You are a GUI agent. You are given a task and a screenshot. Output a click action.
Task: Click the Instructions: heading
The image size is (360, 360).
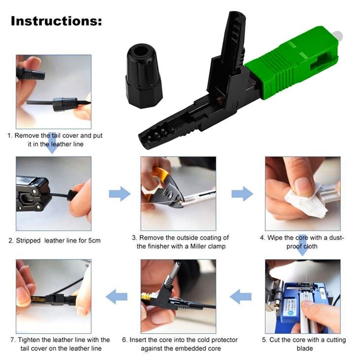[56, 21]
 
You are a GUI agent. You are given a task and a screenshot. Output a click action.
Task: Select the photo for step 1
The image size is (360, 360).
[53, 91]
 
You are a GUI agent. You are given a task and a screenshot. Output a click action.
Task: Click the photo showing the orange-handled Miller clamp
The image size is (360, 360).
[178, 194]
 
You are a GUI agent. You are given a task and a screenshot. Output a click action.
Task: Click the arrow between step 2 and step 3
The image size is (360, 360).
[119, 194]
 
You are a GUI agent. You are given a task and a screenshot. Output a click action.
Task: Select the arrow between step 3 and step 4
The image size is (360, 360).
[242, 194]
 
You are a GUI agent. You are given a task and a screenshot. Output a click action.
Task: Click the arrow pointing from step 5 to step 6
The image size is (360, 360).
[241, 296]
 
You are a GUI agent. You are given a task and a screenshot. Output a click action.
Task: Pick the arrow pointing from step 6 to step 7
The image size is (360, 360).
[117, 296]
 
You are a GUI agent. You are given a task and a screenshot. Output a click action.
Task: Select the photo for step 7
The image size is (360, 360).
[53, 296]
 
